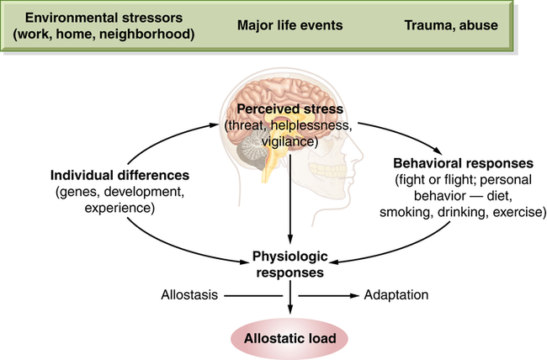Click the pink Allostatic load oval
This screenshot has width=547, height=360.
(x=290, y=339)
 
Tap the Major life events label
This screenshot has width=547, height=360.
(x=290, y=25)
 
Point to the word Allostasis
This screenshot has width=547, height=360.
(x=188, y=296)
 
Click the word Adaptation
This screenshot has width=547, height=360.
(x=396, y=296)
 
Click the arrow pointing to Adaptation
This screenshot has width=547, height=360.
(x=328, y=296)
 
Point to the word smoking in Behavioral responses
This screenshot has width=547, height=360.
(x=404, y=210)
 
